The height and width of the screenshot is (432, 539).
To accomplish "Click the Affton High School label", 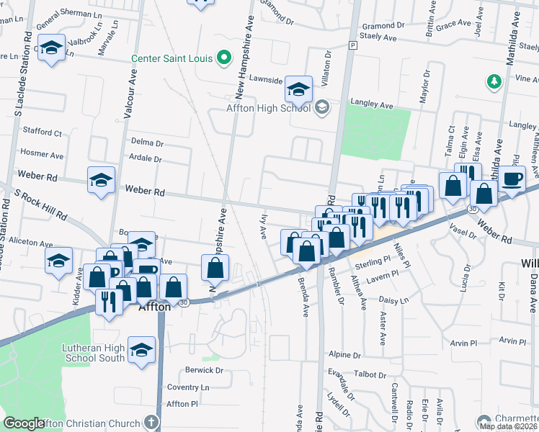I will (x=269, y=108).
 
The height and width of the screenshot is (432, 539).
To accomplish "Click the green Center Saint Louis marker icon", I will (x=223, y=58).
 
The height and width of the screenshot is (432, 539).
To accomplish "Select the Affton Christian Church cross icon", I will (x=151, y=423).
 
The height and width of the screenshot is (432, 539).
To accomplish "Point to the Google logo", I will (x=24, y=424).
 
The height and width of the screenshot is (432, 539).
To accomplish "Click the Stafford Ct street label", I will (x=43, y=132).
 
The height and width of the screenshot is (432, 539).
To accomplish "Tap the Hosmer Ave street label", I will (x=43, y=154).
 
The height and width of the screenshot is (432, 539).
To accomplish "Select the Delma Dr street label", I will (x=147, y=141).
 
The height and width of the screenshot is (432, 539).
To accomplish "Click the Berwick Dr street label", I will (x=205, y=370).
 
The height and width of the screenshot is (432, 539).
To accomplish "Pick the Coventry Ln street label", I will (x=187, y=387).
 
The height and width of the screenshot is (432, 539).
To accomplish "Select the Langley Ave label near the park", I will (x=372, y=105).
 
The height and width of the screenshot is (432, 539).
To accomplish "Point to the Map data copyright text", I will (x=509, y=426).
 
